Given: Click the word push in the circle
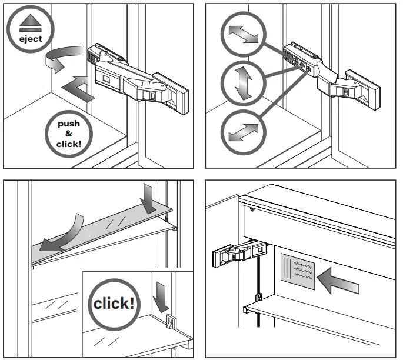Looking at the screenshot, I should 68,124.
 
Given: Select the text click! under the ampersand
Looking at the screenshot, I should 68,144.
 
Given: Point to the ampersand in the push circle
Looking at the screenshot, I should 68,134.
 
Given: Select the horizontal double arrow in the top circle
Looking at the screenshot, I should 243,34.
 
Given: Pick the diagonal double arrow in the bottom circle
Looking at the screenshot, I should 243,131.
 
